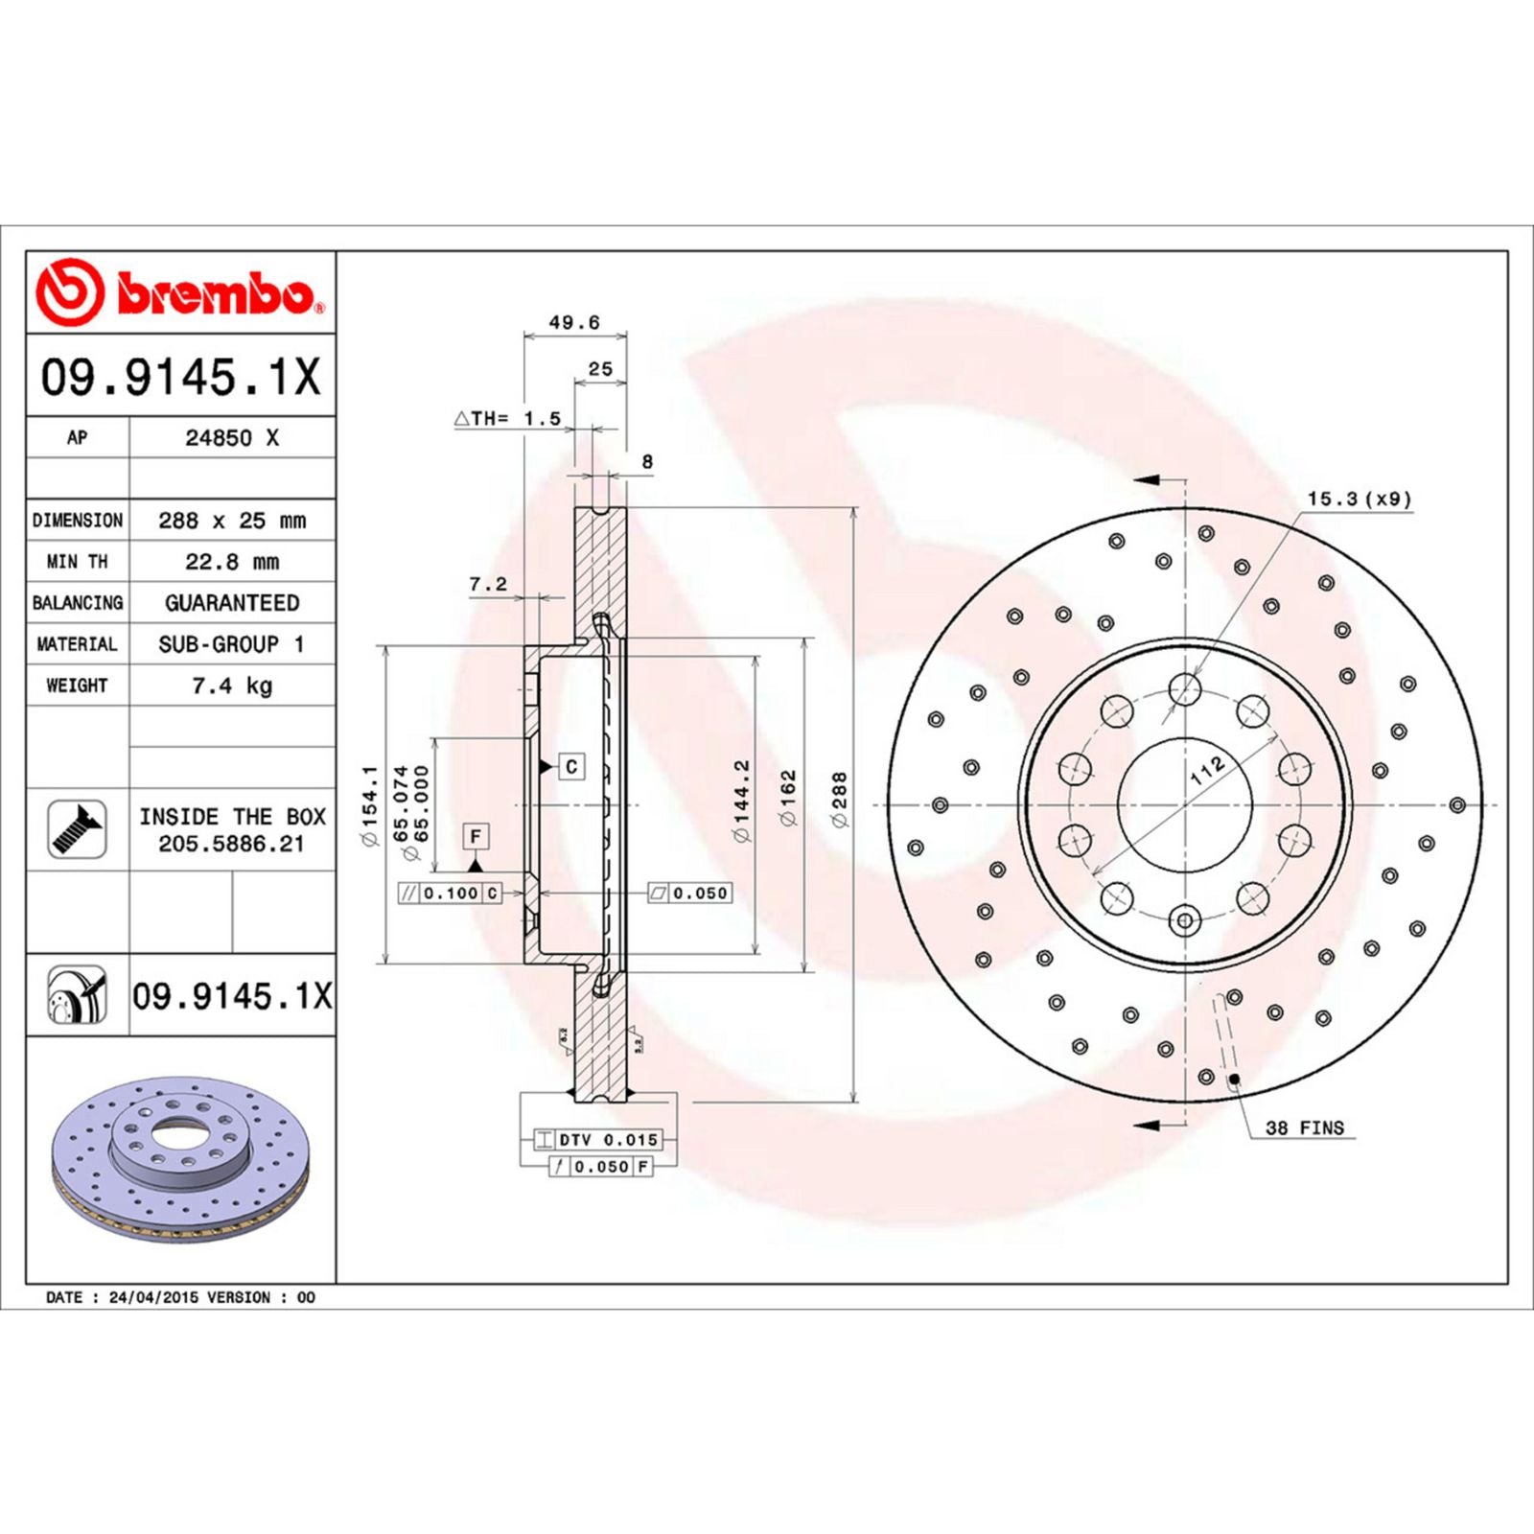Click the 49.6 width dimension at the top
click(573, 322)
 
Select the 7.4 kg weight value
click(232, 686)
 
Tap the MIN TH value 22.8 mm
click(232, 562)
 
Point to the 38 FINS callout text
click(1304, 1128)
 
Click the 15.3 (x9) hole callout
click(1359, 499)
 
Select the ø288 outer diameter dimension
click(839, 800)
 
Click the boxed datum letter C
click(571, 767)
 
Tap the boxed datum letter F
click(476, 836)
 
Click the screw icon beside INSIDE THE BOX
click(77, 829)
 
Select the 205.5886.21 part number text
click(231, 845)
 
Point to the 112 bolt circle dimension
click(1207, 769)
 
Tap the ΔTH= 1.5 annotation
click(507, 419)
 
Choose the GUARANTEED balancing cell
click(232, 603)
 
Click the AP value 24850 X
click(232, 438)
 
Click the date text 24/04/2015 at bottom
click(155, 1297)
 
